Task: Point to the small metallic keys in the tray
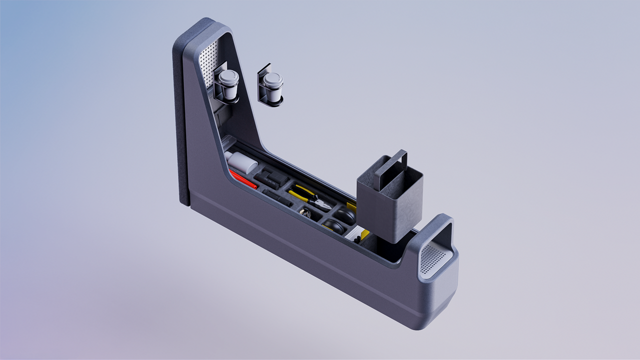point(305,213)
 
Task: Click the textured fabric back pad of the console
point(180,125)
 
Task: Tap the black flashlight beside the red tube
point(277,197)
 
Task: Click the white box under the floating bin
point(356,232)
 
